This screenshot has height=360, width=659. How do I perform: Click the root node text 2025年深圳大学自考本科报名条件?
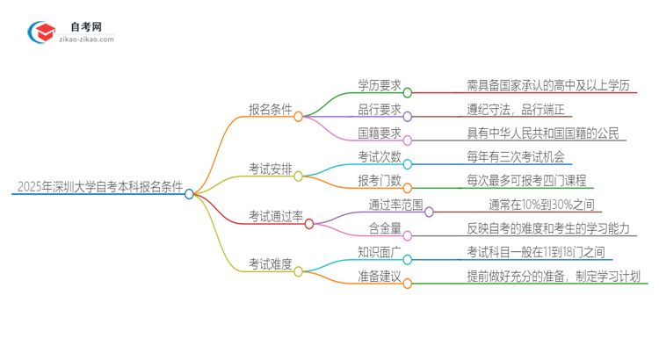[98, 186]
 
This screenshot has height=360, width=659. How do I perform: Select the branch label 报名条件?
[270, 110]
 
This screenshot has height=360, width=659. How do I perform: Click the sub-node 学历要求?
[380, 86]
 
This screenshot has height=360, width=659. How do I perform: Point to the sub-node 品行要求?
[380, 110]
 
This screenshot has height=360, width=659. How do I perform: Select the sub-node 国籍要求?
[380, 133]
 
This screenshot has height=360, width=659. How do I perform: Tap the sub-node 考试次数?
[380, 157]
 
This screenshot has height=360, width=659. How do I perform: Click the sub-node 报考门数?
[380, 181]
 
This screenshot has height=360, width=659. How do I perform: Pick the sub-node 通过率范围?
[396, 205]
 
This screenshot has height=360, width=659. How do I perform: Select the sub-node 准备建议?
[380, 276]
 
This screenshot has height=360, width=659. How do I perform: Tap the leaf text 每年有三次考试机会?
[517, 157]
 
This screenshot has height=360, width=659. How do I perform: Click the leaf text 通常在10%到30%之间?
[535, 205]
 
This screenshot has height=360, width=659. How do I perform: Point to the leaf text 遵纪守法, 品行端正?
[519, 110]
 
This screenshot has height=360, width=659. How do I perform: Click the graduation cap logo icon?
[42, 33]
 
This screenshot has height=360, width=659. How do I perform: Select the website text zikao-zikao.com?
[86, 40]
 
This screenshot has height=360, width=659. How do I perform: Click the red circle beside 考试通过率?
[309, 224]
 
